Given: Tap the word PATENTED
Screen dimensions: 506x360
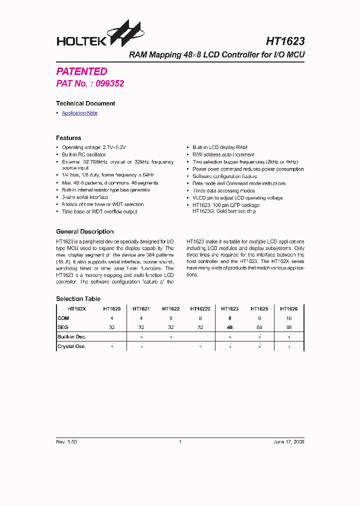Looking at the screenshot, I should point(81,71).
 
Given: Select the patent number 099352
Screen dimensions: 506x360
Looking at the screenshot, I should point(109,83).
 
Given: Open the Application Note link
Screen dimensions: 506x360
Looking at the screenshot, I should point(79,113).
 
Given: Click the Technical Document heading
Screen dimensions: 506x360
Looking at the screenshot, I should point(85,103).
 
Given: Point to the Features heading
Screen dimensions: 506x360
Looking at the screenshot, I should point(68,138).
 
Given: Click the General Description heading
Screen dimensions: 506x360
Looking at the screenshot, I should point(84,231).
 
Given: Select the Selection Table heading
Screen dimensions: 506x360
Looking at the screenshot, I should point(78,299).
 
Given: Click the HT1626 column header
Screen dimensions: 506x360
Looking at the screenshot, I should point(288,309).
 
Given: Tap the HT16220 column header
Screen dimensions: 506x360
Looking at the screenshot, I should point(200,309).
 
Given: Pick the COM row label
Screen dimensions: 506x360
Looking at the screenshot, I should point(63,318).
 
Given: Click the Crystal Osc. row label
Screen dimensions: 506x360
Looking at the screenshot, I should point(72,346).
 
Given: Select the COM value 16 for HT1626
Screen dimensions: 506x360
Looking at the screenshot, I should point(288,318).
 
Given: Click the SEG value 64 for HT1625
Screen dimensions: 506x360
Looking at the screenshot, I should point(259,327).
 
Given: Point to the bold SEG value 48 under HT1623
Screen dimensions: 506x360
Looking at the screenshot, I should point(229,327).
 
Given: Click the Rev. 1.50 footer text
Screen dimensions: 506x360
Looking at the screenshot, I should point(66,442).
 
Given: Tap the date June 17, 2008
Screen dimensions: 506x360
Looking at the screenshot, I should point(288,442).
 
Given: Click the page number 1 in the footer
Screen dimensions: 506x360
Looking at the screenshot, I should point(180,442).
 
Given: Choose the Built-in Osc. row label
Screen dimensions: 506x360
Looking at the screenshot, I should point(72,337).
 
